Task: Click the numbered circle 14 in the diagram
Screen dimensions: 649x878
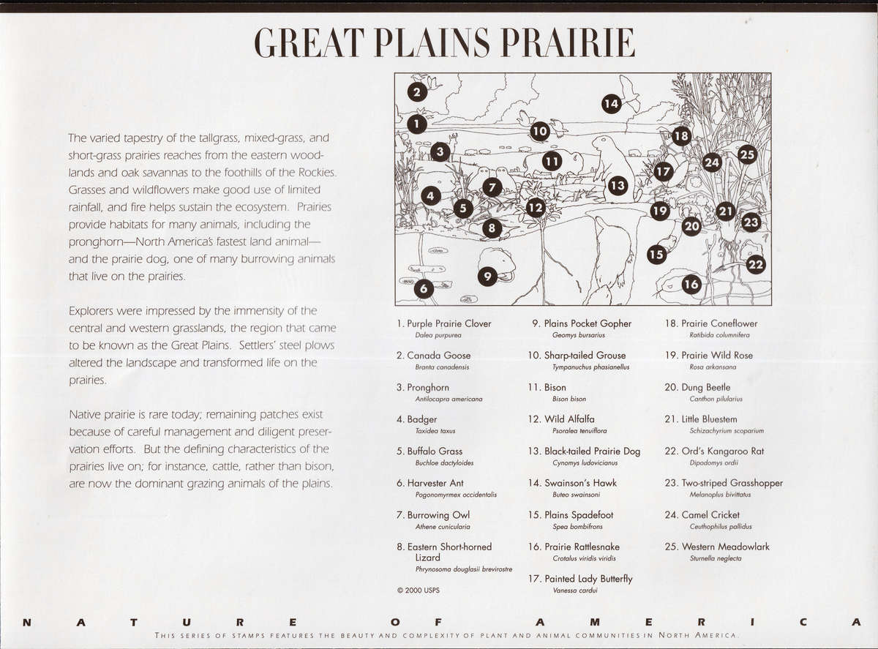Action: tap(612, 104)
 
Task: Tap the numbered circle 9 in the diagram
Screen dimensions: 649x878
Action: tap(487, 277)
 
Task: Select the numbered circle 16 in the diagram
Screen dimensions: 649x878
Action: tap(691, 283)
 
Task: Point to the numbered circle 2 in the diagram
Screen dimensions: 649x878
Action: tap(416, 92)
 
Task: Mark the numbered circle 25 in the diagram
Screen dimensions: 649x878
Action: tap(747, 154)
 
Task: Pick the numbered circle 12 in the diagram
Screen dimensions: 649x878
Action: tap(536, 208)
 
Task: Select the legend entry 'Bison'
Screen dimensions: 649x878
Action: tap(555, 388)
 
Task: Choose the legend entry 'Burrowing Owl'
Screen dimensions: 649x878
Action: tap(438, 515)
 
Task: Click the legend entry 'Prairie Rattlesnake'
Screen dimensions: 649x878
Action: tap(582, 547)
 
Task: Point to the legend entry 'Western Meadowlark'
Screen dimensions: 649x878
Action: tap(725, 547)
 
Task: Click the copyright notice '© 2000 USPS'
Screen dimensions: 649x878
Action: tap(419, 589)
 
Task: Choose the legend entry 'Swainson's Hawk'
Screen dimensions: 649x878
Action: tap(580, 483)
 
